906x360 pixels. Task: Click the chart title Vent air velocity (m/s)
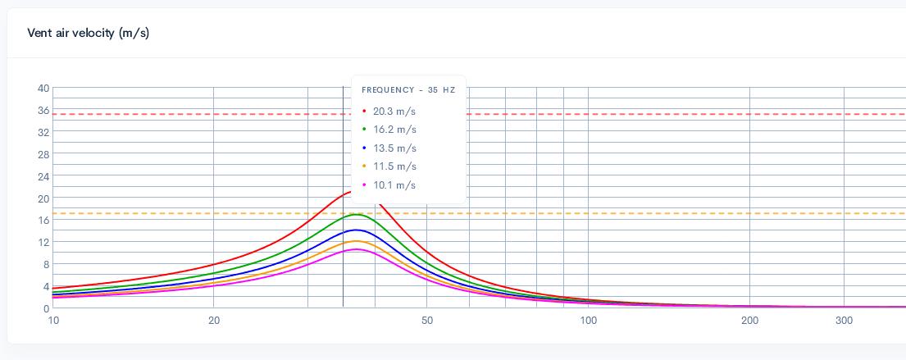[89, 33]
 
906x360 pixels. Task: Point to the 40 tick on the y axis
[43, 89]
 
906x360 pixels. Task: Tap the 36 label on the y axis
[43, 111]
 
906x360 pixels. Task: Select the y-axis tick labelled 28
[43, 154]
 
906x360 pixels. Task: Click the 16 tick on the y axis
[43, 220]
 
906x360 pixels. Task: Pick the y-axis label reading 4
[46, 286]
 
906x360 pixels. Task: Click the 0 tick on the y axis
[46, 308]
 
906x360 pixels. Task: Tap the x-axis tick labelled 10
[54, 321]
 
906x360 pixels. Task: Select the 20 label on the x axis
[214, 321]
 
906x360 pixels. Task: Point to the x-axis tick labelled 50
[427, 321]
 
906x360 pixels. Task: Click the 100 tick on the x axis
[589, 321]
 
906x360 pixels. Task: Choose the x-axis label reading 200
[749, 321]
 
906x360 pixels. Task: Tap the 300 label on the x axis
[844, 321]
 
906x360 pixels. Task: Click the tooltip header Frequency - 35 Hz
[408, 90]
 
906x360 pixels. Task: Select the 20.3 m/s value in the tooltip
[394, 112]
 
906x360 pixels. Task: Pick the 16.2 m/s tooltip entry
[394, 130]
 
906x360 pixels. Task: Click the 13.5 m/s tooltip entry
[394, 148]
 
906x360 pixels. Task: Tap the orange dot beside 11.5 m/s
[364, 166]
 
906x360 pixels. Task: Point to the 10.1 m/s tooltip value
[394, 185]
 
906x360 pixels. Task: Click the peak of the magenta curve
[357, 249]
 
